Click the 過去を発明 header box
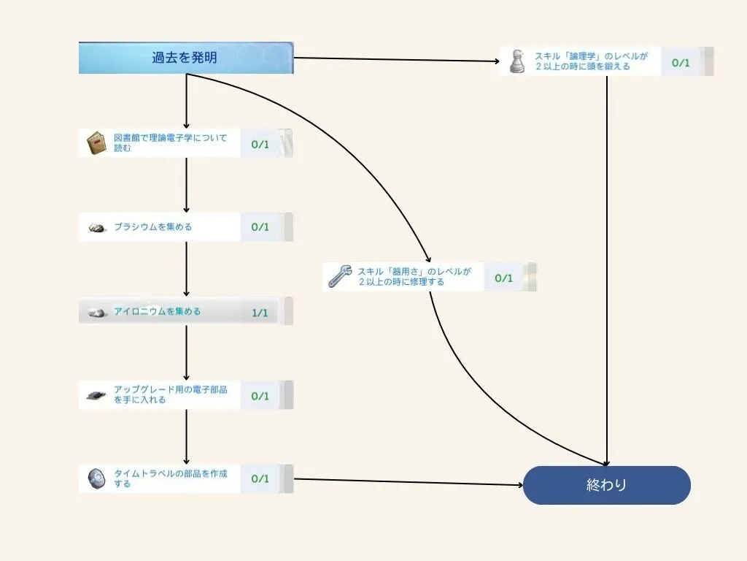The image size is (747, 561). tap(185, 58)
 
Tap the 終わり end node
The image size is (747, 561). tap(606, 485)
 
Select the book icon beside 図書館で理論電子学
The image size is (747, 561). tap(97, 143)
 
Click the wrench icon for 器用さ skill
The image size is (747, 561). tap(339, 276)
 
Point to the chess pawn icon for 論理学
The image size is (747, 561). tap(516, 61)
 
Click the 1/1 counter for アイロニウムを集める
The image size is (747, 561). tap(260, 313)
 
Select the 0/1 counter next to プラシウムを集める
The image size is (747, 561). tap(260, 227)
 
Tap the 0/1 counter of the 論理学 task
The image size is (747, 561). tap(680, 62)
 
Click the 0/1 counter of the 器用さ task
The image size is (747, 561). tap(503, 278)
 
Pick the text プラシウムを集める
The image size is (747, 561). tap(153, 227)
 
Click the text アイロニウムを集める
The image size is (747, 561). tap(157, 312)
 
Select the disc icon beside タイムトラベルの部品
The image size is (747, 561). tap(97, 478)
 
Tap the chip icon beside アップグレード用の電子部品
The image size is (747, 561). tap(97, 395)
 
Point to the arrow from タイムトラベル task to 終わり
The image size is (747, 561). tap(409, 481)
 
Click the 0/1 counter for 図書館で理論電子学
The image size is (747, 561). tap(260, 144)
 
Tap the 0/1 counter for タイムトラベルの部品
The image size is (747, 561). tap(260, 479)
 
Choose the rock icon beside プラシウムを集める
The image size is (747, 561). tap(97, 228)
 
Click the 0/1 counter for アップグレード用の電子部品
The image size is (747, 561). tap(260, 396)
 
